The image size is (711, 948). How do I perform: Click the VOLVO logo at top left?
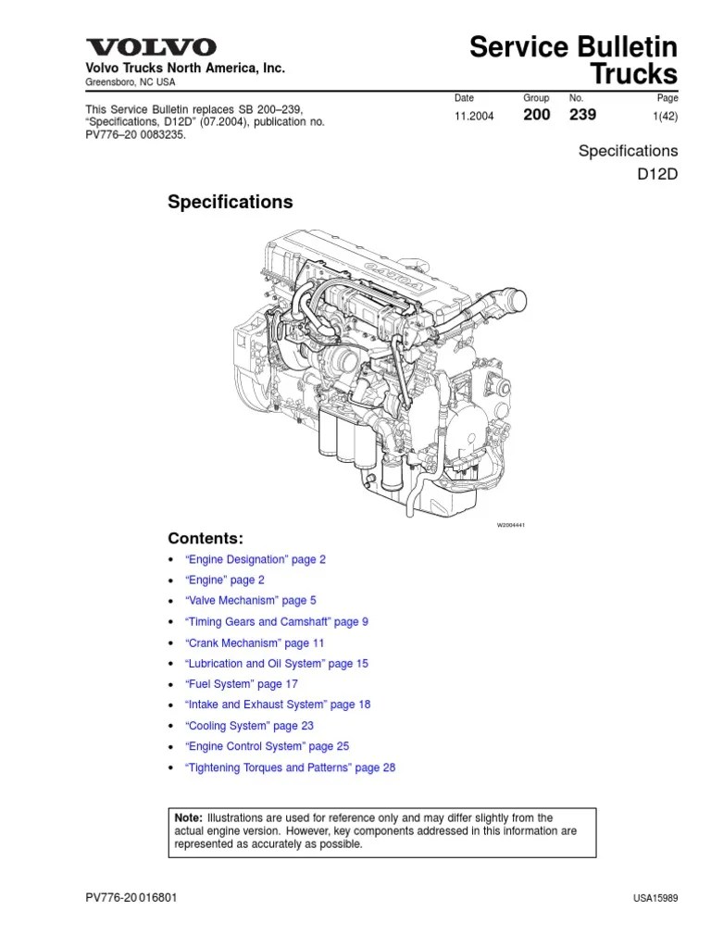coord(151,47)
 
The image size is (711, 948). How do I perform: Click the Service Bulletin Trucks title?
coord(574,61)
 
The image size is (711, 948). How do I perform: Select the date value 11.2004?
coord(474,116)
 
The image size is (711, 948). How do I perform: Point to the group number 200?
coord(538,115)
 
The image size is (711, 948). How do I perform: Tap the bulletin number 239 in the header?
coord(582,115)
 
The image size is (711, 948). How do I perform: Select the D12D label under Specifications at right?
coord(657,172)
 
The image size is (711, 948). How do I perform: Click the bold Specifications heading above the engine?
coord(230,202)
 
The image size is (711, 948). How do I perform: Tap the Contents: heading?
coord(206,538)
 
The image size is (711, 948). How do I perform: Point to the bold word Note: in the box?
coord(189,817)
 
